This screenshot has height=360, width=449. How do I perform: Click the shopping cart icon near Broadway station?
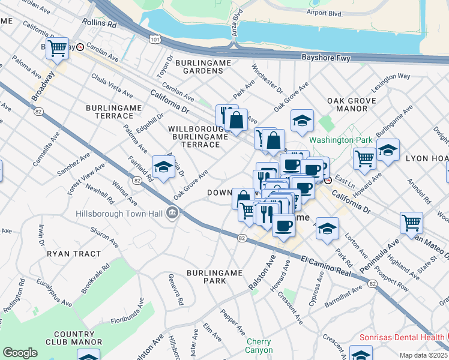click(x=58, y=47)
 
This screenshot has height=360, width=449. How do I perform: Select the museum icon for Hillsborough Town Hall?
click(x=172, y=212)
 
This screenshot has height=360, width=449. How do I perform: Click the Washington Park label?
click(x=340, y=140)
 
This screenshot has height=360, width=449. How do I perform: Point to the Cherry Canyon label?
click(x=259, y=346)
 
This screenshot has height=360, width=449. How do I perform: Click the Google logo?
click(x=20, y=353)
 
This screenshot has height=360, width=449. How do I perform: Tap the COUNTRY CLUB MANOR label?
click(x=74, y=338)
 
